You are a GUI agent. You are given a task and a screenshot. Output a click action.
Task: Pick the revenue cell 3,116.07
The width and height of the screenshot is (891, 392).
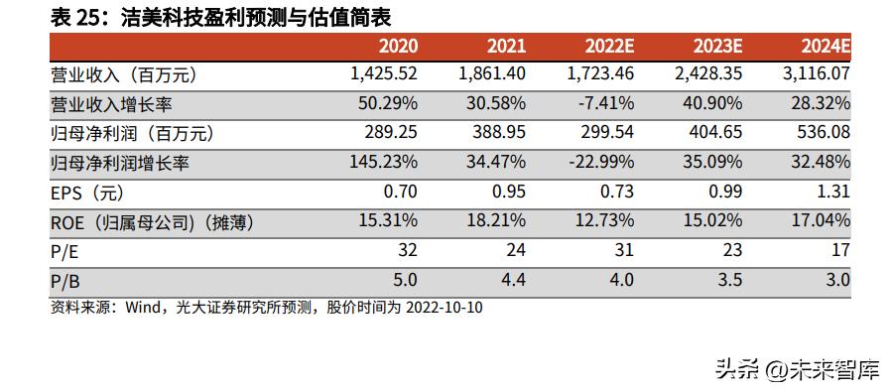click(817, 74)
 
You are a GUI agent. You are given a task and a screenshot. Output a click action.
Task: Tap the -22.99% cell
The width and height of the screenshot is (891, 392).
click(598, 163)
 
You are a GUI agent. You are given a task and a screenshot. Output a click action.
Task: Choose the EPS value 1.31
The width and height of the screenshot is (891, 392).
click(833, 193)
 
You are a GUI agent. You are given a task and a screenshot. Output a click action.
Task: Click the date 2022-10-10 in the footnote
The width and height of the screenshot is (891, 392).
click(444, 308)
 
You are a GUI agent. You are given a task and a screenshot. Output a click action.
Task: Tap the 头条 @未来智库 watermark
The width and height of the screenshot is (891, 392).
click(797, 369)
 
